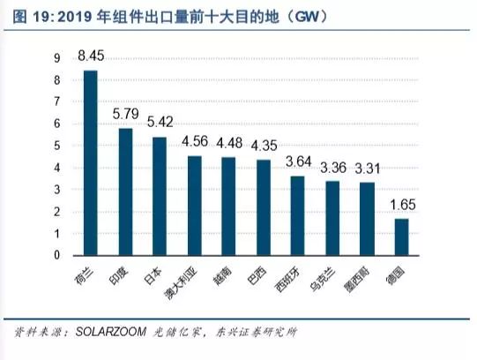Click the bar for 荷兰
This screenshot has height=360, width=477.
tap(90, 163)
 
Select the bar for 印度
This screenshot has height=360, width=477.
tap(125, 192)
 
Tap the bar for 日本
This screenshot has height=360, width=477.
tap(160, 196)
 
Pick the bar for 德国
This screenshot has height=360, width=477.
tap(401, 237)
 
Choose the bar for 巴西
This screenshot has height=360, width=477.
tap(264, 208)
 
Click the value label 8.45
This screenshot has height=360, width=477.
tap(90, 57)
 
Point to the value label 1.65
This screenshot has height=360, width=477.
tap(401, 206)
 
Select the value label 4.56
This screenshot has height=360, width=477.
tap(195, 141)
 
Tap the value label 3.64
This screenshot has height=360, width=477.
tap(298, 162)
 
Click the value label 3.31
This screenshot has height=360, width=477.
tap(368, 169)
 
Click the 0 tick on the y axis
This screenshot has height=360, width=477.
tap(57, 256)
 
